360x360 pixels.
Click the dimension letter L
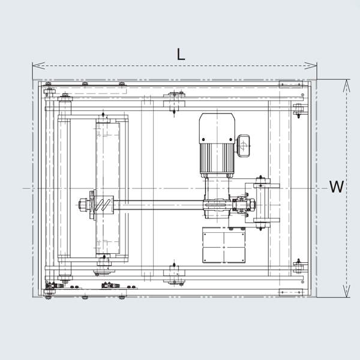click(x=181, y=53)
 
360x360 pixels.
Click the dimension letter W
click(x=337, y=187)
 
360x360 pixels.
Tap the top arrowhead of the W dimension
click(x=346, y=83)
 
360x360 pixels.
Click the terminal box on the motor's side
click(x=244, y=145)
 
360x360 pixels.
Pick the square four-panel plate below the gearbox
click(x=223, y=246)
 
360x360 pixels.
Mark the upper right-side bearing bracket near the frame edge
click(x=296, y=110)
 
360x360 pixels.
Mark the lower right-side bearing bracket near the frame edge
click(x=296, y=264)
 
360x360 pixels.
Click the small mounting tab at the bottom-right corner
click(x=292, y=292)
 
